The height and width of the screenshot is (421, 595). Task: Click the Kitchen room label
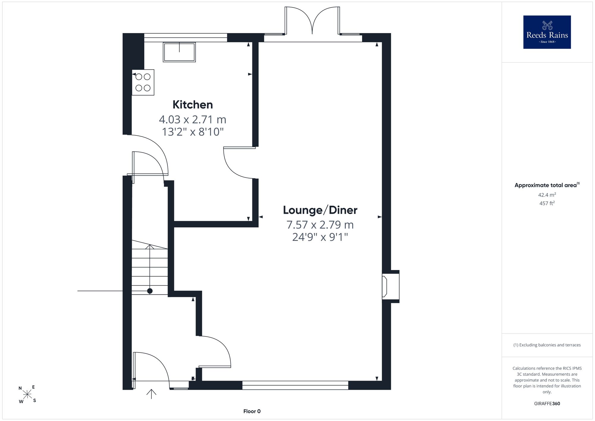tap(193, 105)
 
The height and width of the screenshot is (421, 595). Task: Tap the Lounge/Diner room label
tap(320, 210)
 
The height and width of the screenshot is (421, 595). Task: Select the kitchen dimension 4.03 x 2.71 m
tap(193, 120)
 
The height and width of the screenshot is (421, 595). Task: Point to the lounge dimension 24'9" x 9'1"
tap(320, 237)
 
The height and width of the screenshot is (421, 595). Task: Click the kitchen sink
tap(179, 52)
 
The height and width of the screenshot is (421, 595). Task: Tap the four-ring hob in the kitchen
tap(143, 82)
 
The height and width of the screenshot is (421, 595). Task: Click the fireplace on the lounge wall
tap(390, 286)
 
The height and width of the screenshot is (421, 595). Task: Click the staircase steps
tap(150, 267)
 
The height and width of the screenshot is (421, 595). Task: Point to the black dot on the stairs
tap(150, 291)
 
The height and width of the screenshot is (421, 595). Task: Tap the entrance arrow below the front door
tap(151, 394)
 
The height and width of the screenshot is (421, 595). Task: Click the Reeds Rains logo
tap(547, 32)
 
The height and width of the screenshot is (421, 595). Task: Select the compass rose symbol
tap(27, 395)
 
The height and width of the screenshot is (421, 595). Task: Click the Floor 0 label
tap(252, 411)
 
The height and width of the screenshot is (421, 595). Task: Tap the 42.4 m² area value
tap(547, 195)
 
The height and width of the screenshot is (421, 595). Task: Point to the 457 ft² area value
tap(547, 203)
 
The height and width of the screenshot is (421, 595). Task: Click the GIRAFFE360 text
tap(547, 404)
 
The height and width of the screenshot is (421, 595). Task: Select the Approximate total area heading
tap(547, 185)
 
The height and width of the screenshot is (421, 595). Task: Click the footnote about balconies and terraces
tap(547, 345)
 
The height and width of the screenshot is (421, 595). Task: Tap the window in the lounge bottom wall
tap(295, 385)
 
